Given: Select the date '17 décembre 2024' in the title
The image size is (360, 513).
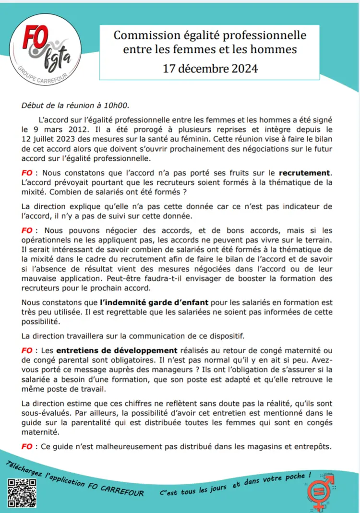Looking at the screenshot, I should [x=210, y=68].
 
